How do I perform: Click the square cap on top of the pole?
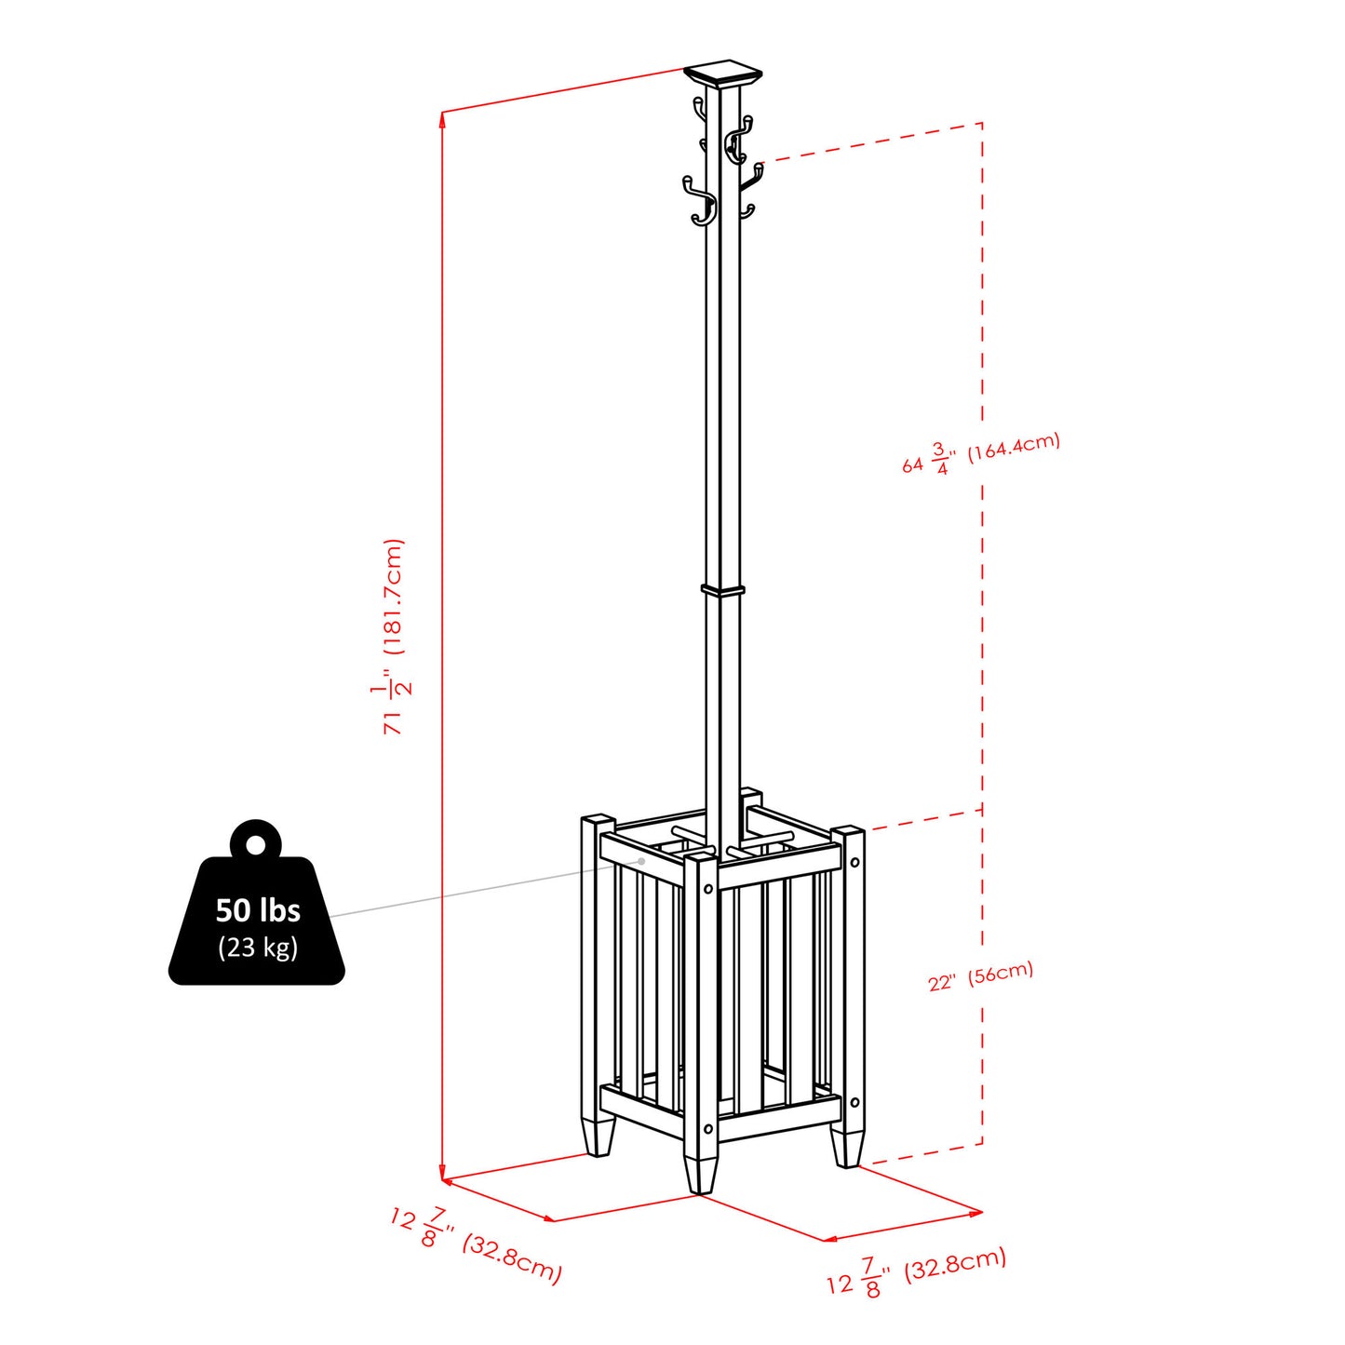(722, 74)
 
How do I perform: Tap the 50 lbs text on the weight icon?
(258, 909)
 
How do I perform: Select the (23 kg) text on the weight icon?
(258, 948)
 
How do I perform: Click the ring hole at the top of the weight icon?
(255, 844)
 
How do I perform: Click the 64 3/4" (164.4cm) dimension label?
(981, 453)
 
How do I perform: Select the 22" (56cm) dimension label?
(981, 976)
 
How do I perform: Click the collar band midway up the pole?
(723, 590)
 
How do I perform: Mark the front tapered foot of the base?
(700, 1175)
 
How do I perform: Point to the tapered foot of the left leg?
(599, 1137)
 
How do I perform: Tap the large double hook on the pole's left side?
(699, 202)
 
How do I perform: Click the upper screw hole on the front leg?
(708, 889)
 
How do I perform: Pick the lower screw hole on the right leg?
(854, 1103)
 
